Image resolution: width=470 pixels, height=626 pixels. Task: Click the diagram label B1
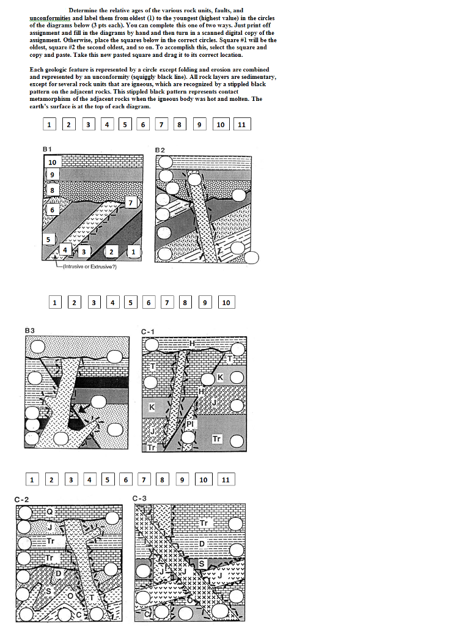point(47,149)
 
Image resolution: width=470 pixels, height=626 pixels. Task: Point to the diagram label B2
point(160,149)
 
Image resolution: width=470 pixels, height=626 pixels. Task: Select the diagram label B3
point(30,330)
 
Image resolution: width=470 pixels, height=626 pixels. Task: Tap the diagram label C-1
point(149,331)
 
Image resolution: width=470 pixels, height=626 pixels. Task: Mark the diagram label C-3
point(140,499)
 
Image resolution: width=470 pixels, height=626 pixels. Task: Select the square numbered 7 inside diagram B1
point(130,202)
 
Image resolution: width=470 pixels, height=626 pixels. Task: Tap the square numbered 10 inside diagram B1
point(52,162)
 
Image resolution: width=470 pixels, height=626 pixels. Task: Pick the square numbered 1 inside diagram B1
point(134,251)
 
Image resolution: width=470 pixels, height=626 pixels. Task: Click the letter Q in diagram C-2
point(50,511)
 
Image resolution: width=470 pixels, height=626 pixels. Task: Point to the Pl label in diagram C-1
point(189,423)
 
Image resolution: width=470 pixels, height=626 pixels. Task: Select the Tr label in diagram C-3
point(204,523)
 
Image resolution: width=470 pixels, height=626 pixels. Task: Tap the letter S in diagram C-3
point(202,562)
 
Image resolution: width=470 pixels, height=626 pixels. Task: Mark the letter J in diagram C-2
point(50,527)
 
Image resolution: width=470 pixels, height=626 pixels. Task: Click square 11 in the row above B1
point(241,125)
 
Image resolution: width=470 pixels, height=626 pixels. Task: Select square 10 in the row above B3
point(226,302)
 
